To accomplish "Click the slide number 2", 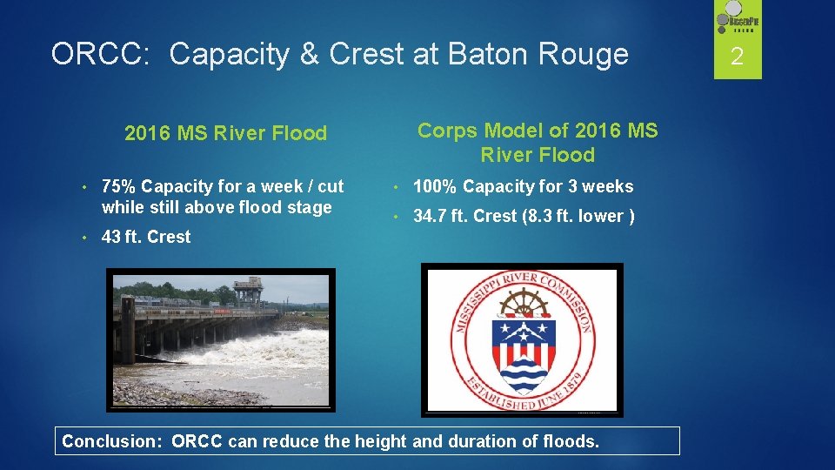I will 737,58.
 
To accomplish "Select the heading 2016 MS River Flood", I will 225,133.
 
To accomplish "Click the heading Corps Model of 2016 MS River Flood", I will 538,143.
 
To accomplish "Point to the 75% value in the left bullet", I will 119,186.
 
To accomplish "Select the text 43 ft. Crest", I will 145,237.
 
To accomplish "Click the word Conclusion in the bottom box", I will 111,441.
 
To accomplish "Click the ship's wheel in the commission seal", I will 522,305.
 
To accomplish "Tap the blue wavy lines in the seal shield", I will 522,374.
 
